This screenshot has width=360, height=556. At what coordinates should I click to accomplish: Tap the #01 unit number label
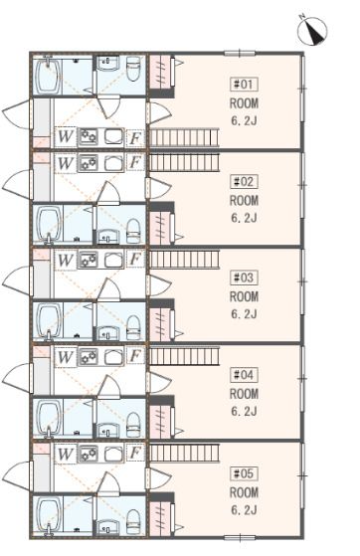click(245, 85)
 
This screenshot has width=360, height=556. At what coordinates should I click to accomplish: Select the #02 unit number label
click(245, 181)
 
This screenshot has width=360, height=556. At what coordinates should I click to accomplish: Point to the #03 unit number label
click(245, 278)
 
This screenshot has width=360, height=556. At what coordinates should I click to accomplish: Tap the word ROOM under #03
click(245, 296)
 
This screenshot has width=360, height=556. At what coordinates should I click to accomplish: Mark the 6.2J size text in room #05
click(245, 510)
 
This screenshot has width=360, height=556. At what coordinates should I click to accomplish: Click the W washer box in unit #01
click(66, 136)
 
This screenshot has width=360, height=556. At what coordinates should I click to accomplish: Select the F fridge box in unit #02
click(134, 161)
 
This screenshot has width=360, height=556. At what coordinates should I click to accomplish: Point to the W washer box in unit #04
click(66, 356)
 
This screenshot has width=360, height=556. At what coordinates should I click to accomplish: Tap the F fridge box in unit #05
click(134, 453)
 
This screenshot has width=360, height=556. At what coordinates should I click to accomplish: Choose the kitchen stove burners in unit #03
click(88, 260)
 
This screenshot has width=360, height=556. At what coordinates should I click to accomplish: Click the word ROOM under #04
click(245, 393)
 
